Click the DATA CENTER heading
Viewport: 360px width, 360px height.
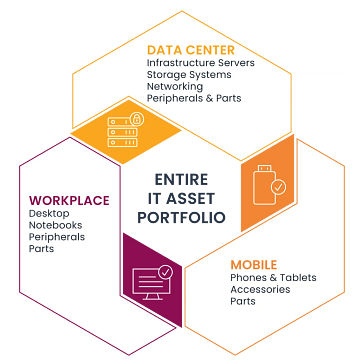tap(191, 50)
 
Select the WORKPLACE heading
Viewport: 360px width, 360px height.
tap(69, 201)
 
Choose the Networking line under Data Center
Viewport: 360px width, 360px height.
tap(176, 87)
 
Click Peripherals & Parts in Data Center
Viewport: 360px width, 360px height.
tap(194, 98)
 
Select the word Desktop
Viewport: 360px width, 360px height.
tap(51, 214)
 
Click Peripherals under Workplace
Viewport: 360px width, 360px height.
tap(57, 237)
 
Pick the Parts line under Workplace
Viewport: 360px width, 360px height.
tap(42, 249)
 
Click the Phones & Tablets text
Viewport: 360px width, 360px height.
tap(271, 277)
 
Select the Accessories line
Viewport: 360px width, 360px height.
tap(260, 289)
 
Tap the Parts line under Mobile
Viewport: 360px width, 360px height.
tap(244, 301)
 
